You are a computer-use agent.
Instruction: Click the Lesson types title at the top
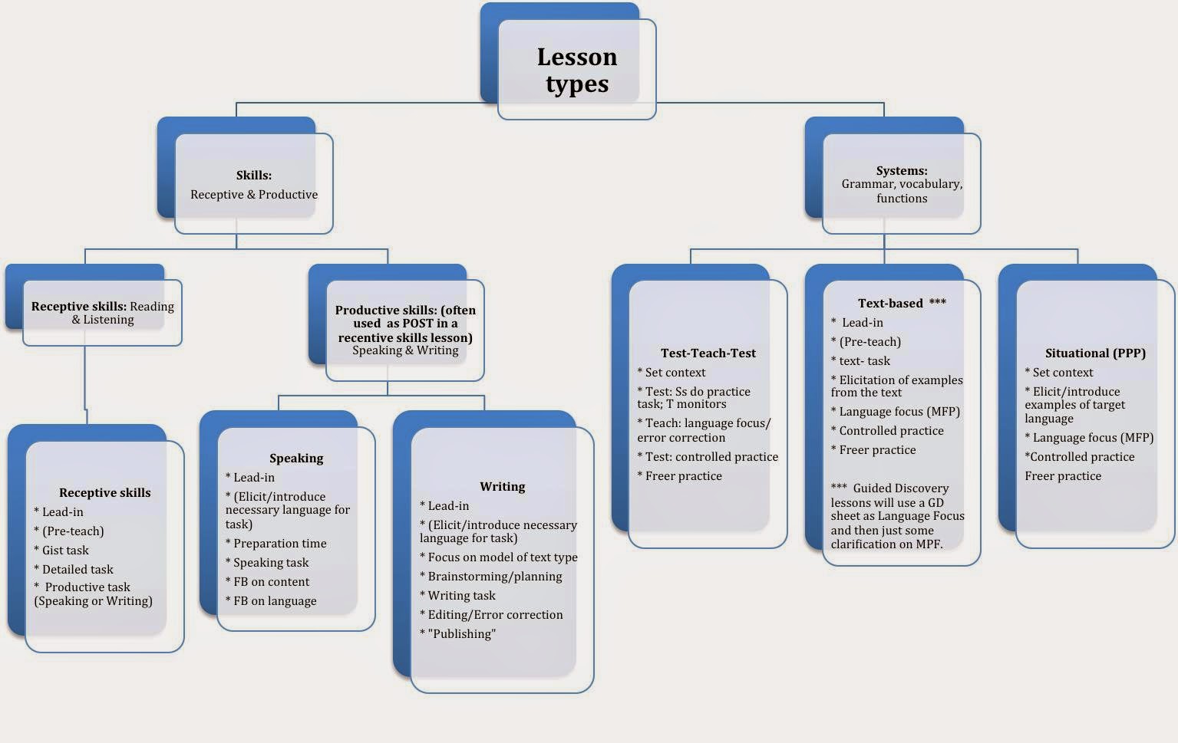click(576, 70)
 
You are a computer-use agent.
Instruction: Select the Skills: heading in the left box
click(253, 176)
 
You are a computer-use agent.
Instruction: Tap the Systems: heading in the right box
click(901, 171)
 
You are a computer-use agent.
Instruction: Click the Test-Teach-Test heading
click(708, 353)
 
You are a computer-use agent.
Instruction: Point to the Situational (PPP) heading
click(1094, 353)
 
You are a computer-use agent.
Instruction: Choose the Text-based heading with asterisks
click(901, 304)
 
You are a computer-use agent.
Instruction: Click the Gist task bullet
click(61, 551)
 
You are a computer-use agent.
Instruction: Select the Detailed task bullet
click(74, 570)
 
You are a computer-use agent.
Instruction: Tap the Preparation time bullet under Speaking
click(276, 544)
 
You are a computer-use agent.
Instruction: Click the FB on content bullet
click(268, 582)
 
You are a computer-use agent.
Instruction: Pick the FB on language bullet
click(271, 601)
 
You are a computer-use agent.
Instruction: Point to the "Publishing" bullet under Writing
click(458, 634)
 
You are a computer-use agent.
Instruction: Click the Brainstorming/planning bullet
click(491, 577)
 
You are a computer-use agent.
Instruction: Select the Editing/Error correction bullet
click(491, 615)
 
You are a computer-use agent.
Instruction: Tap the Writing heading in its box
click(502, 487)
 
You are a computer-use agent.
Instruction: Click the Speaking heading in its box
click(296, 459)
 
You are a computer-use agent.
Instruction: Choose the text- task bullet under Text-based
click(861, 361)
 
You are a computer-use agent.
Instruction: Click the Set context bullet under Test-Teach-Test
click(671, 373)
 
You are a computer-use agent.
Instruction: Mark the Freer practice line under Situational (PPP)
click(1063, 476)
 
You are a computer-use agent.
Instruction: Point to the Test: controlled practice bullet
click(708, 457)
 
